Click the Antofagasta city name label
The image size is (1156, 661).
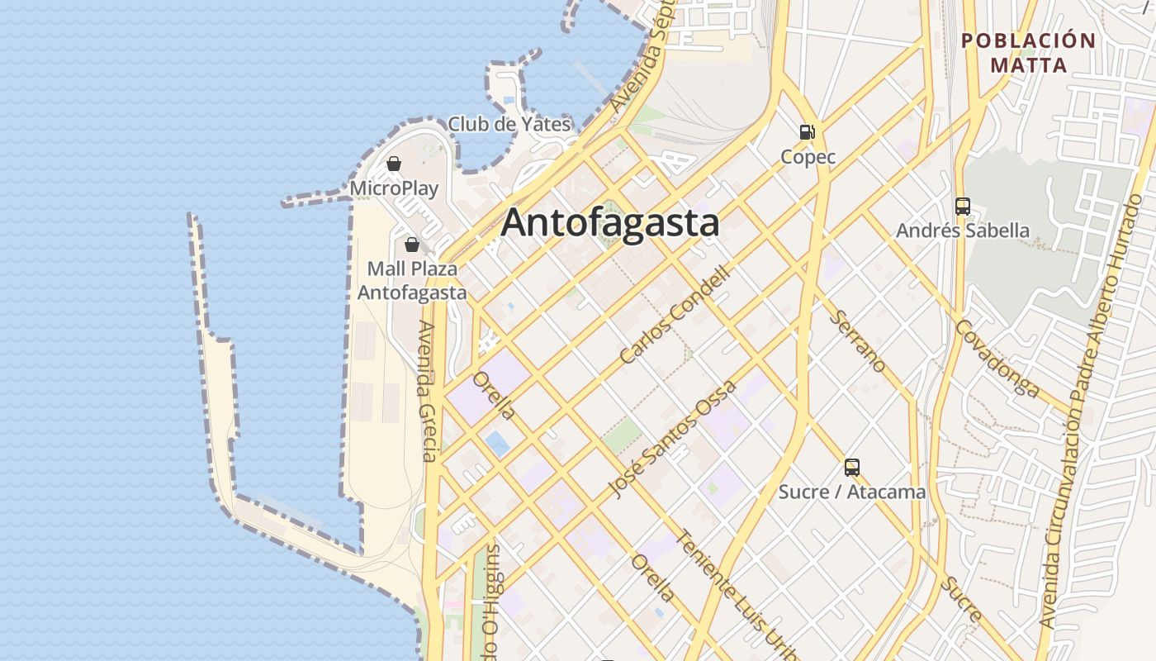(610, 223)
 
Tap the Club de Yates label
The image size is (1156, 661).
(509, 125)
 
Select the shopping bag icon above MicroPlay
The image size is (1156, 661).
(394, 164)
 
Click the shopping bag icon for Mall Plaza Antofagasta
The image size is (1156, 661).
(411, 245)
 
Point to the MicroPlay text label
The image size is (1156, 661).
(394, 188)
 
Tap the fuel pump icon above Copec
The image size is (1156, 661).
(807, 131)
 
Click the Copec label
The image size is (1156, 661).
(808, 157)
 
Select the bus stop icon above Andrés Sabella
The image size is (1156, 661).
(962, 206)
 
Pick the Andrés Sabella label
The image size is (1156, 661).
(963, 231)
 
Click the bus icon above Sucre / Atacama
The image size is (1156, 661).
(852, 468)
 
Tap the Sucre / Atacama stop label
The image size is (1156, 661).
(852, 492)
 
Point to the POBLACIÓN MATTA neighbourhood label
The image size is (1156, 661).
(1029, 52)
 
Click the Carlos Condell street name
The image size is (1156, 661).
(675, 314)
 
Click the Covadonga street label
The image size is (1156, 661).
(997, 359)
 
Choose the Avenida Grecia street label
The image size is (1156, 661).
(427, 391)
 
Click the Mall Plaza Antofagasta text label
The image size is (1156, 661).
(412, 281)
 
